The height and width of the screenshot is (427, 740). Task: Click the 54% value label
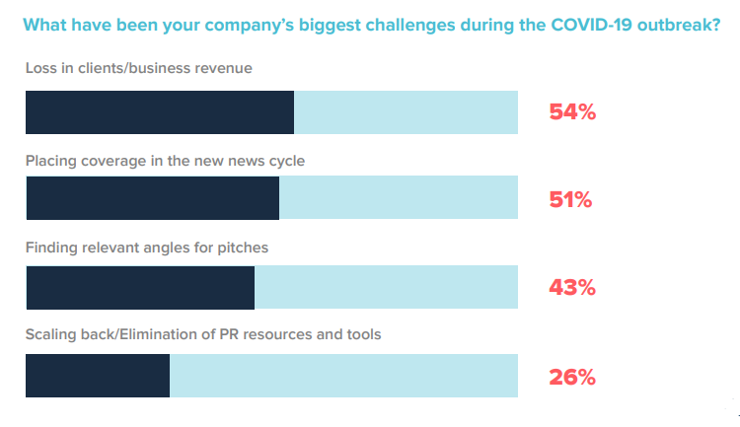572,112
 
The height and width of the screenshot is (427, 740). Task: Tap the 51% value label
570,200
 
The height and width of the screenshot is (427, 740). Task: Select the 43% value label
572,288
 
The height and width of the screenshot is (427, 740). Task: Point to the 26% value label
572,377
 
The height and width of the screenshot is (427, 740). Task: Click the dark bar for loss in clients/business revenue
160,112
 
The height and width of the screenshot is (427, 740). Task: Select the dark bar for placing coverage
152,198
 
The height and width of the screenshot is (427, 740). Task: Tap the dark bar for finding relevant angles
140,288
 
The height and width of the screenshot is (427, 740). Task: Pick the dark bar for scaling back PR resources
98,376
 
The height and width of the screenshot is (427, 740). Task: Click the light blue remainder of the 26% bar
343,376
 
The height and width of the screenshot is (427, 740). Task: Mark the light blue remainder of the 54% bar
406,112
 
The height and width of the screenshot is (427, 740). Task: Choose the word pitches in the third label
243,247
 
